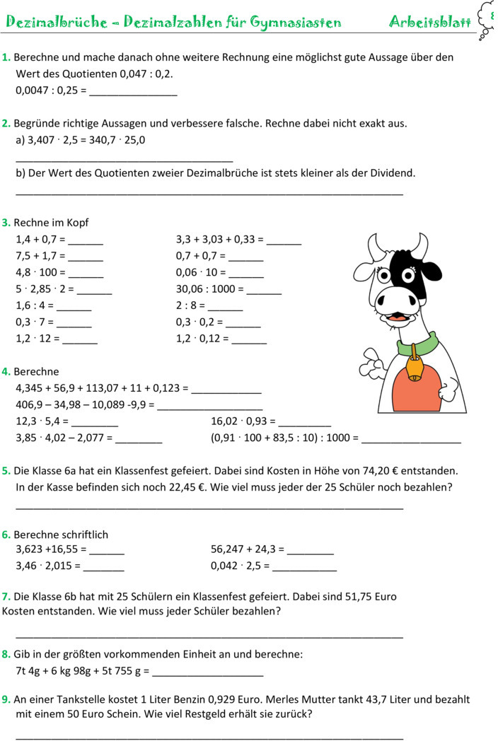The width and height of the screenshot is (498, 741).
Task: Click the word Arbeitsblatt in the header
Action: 430,22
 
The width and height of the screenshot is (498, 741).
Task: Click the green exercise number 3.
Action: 6,223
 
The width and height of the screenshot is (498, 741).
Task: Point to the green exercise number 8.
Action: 6,654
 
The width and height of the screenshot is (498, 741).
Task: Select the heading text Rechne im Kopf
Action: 52,223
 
